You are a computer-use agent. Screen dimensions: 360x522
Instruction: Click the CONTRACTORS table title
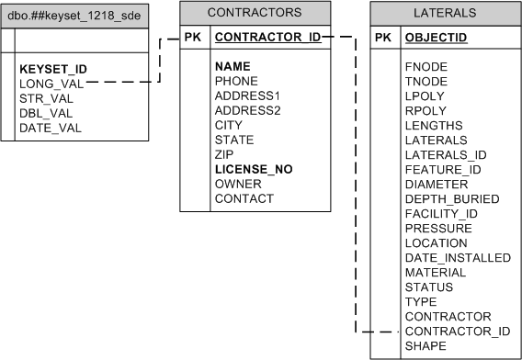coord(254,13)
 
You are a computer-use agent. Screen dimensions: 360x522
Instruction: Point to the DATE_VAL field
coord(51,127)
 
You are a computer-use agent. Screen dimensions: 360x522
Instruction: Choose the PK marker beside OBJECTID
coord(385,39)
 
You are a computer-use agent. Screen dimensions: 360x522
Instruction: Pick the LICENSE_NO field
coord(254,169)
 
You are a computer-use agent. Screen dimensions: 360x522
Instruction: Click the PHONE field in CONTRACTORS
coord(236,81)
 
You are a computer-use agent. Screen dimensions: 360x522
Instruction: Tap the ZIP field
coord(226,154)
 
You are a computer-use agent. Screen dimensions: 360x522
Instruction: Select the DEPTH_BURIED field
coord(452,198)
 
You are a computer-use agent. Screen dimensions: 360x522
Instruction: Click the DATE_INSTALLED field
coord(458,257)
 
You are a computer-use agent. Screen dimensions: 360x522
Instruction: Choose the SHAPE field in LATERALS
coord(426,345)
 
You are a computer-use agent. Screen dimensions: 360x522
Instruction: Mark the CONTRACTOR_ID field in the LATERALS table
coord(457,331)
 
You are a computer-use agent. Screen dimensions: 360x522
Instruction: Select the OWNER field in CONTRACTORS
coord(238,184)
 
